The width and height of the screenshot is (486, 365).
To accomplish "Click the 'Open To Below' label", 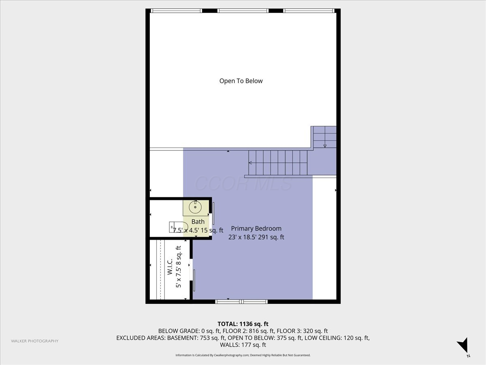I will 241,81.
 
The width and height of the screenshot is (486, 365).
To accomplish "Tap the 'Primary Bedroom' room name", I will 256,228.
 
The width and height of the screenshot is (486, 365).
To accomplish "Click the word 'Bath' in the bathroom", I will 198,222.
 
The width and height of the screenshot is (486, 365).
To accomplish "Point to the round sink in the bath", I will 195,207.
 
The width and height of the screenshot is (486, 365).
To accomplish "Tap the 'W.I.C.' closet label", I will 170,266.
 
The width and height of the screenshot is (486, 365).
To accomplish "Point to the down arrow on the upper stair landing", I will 325,146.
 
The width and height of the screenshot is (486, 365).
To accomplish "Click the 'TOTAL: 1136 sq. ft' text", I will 243,324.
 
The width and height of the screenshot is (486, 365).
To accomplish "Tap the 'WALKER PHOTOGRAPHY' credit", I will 34,341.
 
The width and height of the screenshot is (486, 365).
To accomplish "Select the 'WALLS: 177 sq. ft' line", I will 243,345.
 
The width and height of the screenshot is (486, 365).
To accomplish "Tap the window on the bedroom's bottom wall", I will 241,301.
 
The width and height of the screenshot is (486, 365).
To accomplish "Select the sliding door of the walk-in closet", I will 194,280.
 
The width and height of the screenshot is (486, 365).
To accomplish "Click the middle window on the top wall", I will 243,11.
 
